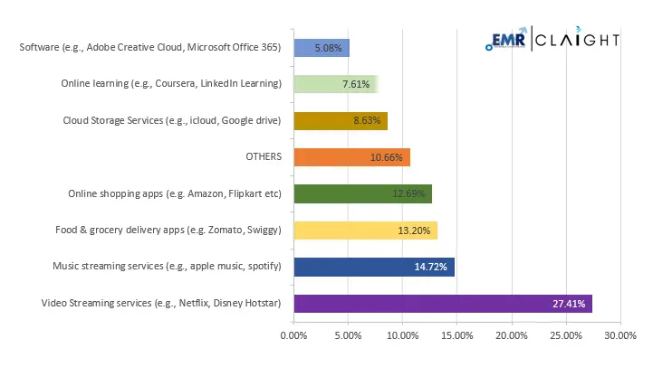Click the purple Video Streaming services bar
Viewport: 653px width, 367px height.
point(443,304)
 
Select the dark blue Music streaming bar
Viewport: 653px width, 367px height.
point(374,267)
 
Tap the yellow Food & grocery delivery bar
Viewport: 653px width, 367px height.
point(366,231)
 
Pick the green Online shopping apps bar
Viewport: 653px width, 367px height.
point(363,193)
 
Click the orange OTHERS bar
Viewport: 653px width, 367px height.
point(352,157)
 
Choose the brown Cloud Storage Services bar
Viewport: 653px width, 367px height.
point(341,120)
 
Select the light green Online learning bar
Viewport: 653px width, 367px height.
point(335,84)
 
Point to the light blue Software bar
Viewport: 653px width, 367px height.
point(322,48)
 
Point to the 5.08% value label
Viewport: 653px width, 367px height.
point(327,48)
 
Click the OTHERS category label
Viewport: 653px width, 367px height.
point(264,157)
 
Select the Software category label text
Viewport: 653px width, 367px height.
point(150,47)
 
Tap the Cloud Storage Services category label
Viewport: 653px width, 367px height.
point(172,120)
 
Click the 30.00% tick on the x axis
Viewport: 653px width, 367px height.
point(620,335)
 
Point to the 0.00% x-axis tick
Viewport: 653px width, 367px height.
point(294,335)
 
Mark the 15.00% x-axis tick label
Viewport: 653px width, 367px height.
point(457,335)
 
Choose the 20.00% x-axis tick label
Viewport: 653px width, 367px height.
point(512,335)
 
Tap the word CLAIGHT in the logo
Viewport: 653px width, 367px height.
point(581,41)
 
